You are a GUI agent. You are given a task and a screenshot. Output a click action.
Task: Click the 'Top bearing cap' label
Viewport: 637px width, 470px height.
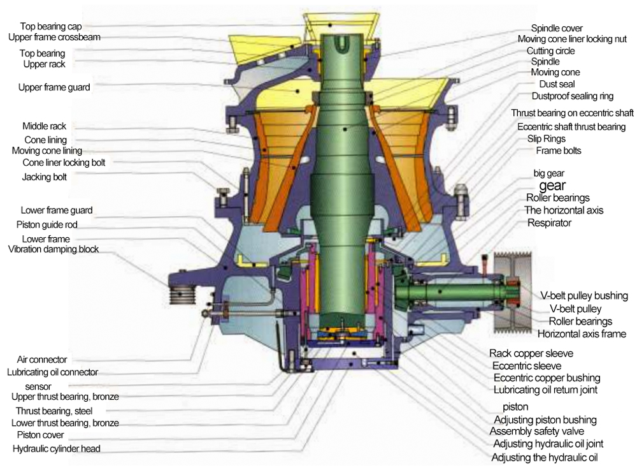coord(47,26)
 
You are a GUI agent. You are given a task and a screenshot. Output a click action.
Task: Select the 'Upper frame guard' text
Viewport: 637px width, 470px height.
coord(54,87)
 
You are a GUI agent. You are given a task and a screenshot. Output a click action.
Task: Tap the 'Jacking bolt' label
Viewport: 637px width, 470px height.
coord(45,177)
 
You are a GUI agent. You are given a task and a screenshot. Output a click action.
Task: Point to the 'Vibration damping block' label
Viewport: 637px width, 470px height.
coord(54,249)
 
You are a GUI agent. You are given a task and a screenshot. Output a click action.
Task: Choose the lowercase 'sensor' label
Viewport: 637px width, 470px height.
coord(38,386)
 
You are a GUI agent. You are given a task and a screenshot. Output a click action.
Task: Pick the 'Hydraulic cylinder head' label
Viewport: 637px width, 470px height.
coord(57,448)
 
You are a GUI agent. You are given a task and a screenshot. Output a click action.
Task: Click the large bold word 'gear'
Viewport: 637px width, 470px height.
coord(552,186)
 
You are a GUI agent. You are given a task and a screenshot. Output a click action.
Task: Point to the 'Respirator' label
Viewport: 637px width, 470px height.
coord(549,223)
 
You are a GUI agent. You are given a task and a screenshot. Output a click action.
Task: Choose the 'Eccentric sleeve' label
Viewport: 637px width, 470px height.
coord(527,365)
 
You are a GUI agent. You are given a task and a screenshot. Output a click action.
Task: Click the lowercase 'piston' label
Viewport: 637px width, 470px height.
coord(515,406)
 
